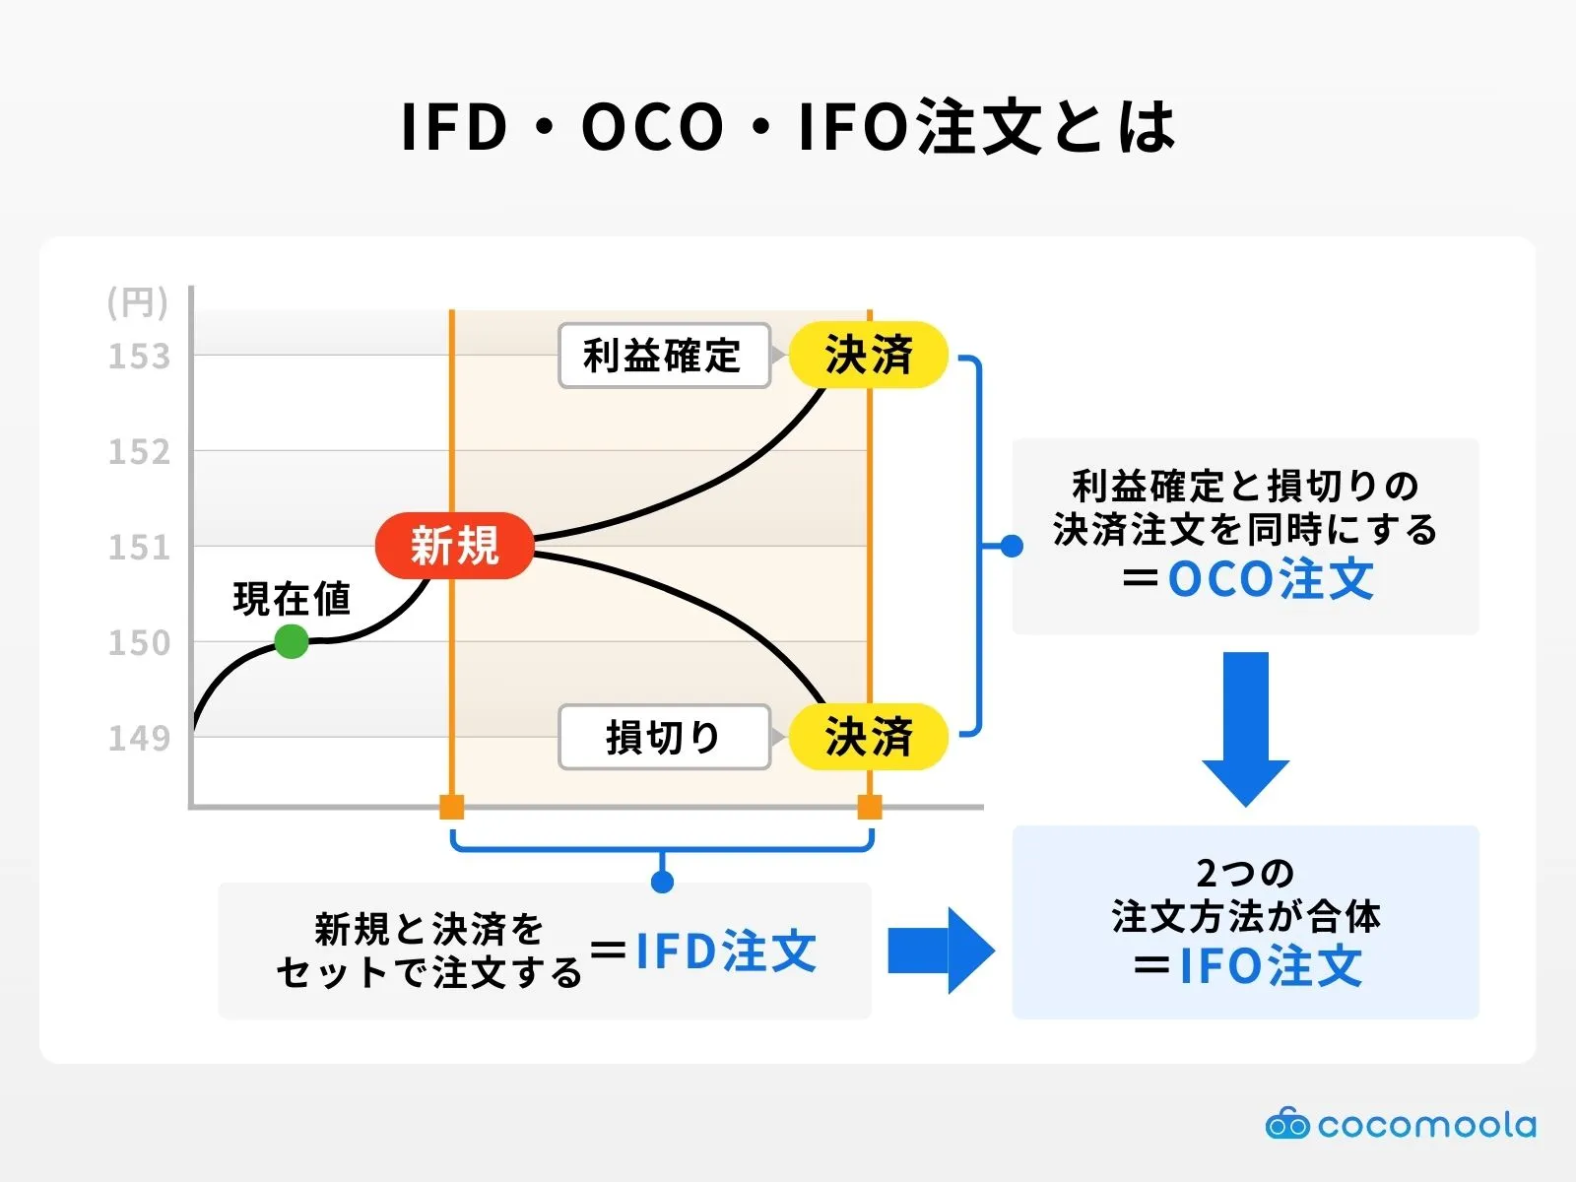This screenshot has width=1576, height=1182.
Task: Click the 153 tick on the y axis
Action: pyautogui.click(x=139, y=357)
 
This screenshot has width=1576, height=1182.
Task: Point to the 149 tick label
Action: pyautogui.click(x=139, y=738)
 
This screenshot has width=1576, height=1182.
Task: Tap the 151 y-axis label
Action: pyautogui.click(x=139, y=548)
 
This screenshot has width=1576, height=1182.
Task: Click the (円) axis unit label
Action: pyautogui.click(x=138, y=302)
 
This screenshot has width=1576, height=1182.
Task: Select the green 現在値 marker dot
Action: pyautogui.click(x=291, y=641)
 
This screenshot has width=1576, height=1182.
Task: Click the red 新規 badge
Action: pyautogui.click(x=454, y=545)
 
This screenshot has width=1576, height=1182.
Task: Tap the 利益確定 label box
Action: pyautogui.click(x=663, y=356)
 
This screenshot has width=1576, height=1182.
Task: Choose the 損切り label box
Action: pyautogui.click(x=663, y=737)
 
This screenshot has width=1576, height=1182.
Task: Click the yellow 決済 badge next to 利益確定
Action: pyautogui.click(x=868, y=355)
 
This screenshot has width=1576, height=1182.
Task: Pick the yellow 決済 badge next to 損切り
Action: pyautogui.click(x=868, y=737)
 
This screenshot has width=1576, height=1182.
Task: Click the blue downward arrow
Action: pyautogui.click(x=1245, y=729)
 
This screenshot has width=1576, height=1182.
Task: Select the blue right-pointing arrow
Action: pyautogui.click(x=941, y=951)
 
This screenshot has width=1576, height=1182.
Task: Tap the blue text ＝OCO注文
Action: pyautogui.click(x=1247, y=579)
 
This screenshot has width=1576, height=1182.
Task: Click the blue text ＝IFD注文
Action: pyautogui.click(x=704, y=952)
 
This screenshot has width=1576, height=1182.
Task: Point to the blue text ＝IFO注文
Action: pyautogui.click(x=1247, y=965)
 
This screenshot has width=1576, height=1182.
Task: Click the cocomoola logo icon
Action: pyautogui.click(x=1286, y=1124)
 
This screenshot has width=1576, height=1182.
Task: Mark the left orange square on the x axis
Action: pyautogui.click(x=451, y=808)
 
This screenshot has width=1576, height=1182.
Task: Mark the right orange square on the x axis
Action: pyautogui.click(x=870, y=808)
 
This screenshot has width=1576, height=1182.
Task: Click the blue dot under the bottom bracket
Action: pyautogui.click(x=662, y=882)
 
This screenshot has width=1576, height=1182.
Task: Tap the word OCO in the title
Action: pyautogui.click(x=652, y=128)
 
